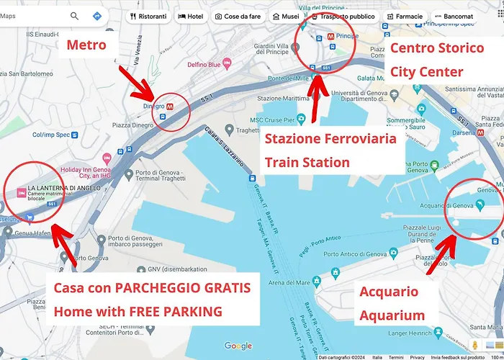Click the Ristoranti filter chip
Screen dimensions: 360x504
(148, 16)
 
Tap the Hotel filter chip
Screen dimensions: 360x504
(191, 16)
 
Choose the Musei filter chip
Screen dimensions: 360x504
(286, 16)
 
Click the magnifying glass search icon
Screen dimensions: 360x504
(75, 16)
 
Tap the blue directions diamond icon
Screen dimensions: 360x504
(97, 16)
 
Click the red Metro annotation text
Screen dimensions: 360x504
(86, 46)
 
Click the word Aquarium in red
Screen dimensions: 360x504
(392, 315)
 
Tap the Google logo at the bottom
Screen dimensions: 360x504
(238, 346)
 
